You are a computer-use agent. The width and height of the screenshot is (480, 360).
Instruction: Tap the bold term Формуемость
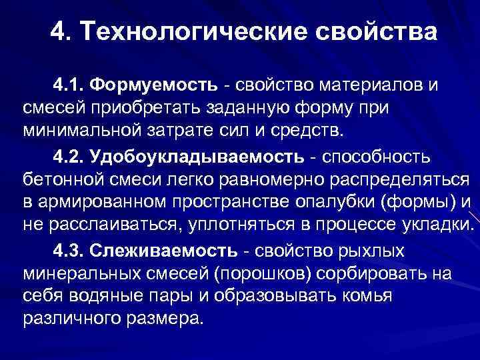[154, 85]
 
